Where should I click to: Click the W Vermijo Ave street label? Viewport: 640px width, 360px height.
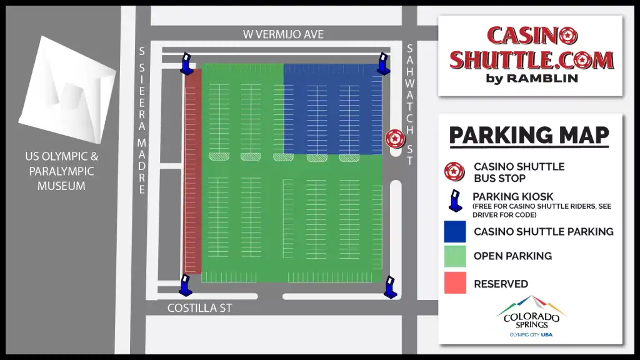pyautogui.click(x=283, y=34)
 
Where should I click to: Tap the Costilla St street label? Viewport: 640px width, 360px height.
pyautogui.click(x=200, y=308)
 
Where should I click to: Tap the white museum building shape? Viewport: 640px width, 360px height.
pyautogui.click(x=67, y=91)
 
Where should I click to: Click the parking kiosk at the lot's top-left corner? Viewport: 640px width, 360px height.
pyautogui.click(x=187, y=64)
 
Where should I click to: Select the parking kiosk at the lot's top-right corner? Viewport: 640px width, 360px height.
pyautogui.click(x=384, y=64)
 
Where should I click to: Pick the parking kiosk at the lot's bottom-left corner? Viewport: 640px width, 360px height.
pyautogui.click(x=186, y=285)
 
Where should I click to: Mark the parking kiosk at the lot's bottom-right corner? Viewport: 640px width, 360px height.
pyautogui.click(x=391, y=287)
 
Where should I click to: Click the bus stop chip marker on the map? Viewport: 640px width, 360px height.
pyautogui.click(x=394, y=139)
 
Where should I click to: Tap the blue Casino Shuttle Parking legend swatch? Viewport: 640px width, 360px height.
pyautogui.click(x=454, y=231)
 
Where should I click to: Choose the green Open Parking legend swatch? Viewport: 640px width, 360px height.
pyautogui.click(x=454, y=256)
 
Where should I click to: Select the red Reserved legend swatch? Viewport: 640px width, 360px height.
pyautogui.click(x=454, y=283)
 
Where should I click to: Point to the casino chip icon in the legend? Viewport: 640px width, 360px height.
pyautogui.click(x=454, y=171)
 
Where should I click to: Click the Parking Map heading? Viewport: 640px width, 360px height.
pyautogui.click(x=529, y=135)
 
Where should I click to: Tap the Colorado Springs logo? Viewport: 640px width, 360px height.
pyautogui.click(x=531, y=316)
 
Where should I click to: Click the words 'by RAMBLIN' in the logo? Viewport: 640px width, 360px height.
pyautogui.click(x=531, y=78)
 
